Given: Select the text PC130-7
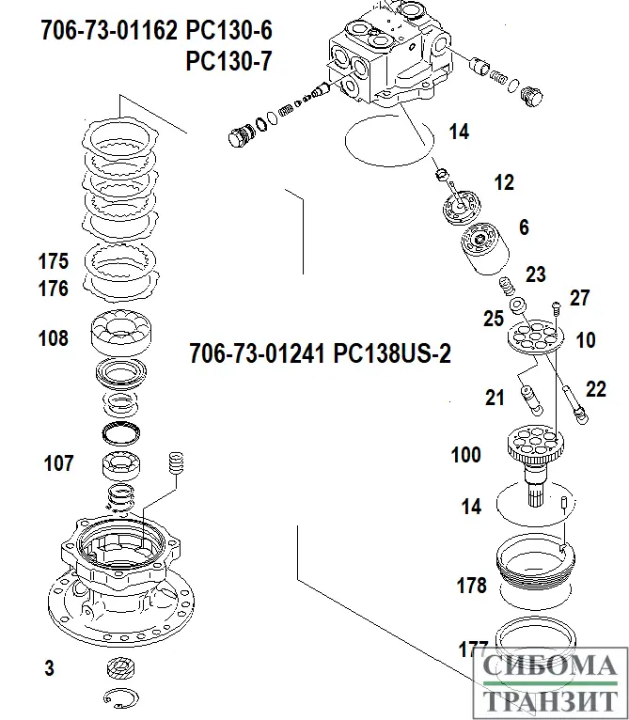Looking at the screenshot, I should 229,62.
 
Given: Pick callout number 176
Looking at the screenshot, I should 53,290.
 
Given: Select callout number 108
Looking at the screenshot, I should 53,337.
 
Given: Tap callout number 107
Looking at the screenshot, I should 58,462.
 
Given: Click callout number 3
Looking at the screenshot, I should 49,669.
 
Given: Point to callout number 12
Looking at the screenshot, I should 504,182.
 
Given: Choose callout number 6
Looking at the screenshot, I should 524,227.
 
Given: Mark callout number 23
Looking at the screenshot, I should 535,274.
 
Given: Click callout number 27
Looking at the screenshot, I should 579,299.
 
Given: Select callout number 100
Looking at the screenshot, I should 466,456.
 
